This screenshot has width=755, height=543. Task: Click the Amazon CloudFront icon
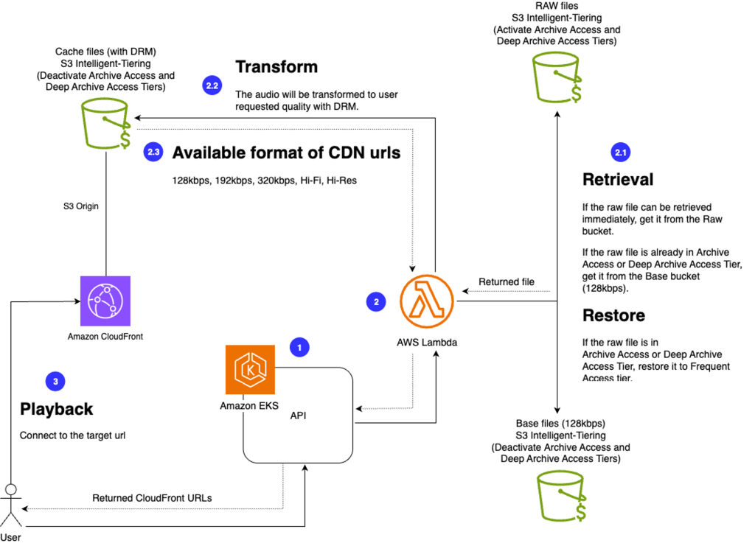105,301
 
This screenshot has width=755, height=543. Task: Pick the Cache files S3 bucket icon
105,120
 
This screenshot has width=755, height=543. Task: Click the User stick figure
10,505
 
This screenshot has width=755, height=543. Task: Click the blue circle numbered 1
299,346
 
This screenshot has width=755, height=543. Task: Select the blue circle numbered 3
55,381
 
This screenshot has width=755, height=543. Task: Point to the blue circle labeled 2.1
621,153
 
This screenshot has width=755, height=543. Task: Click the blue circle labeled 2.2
212,86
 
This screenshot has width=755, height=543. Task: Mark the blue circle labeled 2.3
153,153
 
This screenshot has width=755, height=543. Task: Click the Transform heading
276,67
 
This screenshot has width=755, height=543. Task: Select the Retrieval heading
618,180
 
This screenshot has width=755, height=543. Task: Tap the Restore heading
613,315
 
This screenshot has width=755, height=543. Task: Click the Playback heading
57,409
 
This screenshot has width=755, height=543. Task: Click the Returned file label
507,281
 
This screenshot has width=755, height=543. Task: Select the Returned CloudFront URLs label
152,498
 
